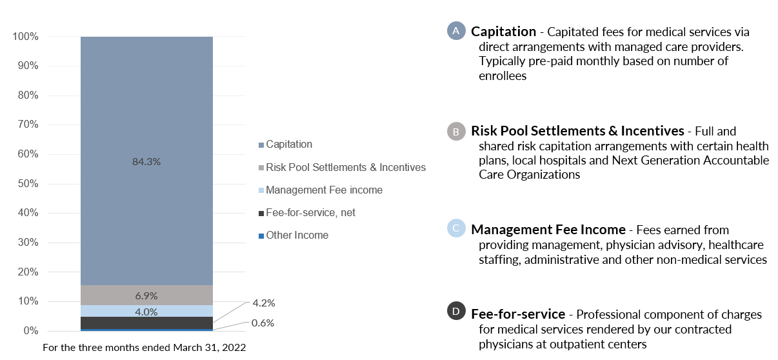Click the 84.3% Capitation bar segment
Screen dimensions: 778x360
pyautogui.click(x=146, y=161)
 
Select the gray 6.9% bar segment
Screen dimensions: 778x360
pyautogui.click(x=146, y=295)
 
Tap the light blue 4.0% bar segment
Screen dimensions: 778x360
pyautogui.click(x=146, y=311)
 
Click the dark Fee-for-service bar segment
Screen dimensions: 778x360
pyautogui.click(x=146, y=323)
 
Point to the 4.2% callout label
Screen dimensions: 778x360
pyautogui.click(x=264, y=303)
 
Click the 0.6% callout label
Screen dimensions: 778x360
pyautogui.click(x=263, y=323)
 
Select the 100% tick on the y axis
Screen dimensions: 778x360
pyautogui.click(x=25, y=37)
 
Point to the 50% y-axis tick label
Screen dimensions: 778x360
pyautogui.click(x=28, y=183)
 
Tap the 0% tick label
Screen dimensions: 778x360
pyautogui.click(x=31, y=330)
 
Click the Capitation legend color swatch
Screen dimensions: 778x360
pyautogui.click(x=261, y=145)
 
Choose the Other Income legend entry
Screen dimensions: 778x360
pyautogui.click(x=294, y=235)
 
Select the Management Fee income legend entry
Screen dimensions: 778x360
pyautogui.click(x=321, y=190)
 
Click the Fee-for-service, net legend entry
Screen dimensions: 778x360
pyautogui.click(x=307, y=213)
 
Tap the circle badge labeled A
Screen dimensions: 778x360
pyautogui.click(x=456, y=31)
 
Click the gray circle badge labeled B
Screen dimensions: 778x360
pyautogui.click(x=456, y=132)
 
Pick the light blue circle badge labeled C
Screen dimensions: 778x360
pyautogui.click(x=456, y=228)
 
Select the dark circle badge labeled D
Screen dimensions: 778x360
pyautogui.click(x=456, y=311)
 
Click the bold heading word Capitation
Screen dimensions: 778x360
pyautogui.click(x=504, y=32)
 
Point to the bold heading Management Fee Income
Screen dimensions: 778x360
pyautogui.click(x=548, y=230)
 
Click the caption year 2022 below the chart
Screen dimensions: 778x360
pyautogui.click(x=234, y=348)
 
